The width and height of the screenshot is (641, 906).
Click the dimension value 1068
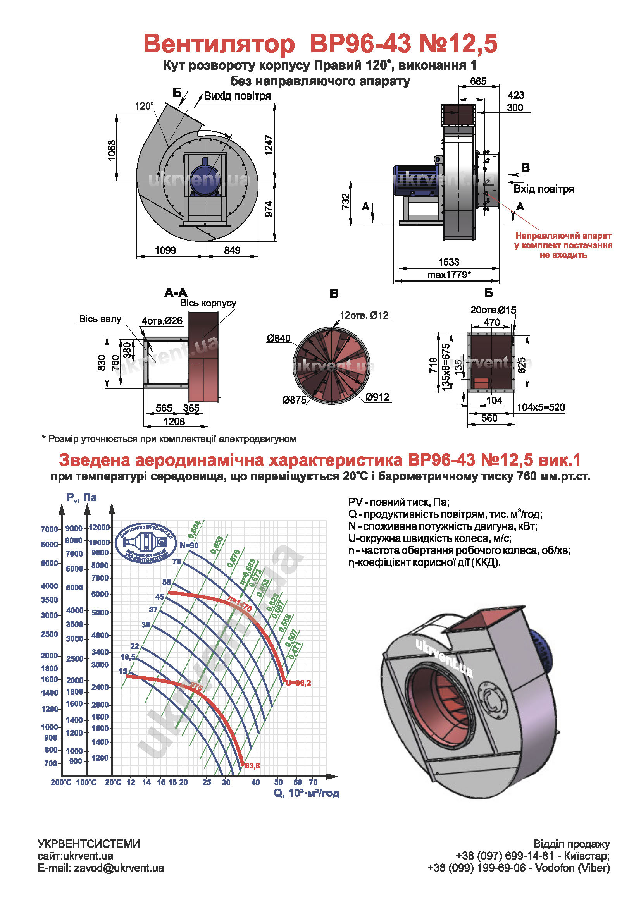(112, 150)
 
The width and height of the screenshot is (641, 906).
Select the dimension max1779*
(449, 275)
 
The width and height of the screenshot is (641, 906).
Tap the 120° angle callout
(144, 106)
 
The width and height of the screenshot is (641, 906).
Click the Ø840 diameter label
(278, 338)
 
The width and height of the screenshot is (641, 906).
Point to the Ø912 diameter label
(377, 397)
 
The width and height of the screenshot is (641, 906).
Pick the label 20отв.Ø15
(493, 310)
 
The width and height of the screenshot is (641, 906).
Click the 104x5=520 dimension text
(541, 407)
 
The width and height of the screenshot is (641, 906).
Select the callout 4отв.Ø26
(162, 321)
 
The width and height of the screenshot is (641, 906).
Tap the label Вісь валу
(100, 319)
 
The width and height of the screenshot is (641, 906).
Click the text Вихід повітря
(237, 96)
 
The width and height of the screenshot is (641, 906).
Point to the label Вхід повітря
(543, 189)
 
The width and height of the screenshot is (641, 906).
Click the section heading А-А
(176, 293)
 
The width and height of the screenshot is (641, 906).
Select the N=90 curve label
(189, 545)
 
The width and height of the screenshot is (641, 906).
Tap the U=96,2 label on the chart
(298, 683)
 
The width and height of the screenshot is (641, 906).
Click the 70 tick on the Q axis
(313, 782)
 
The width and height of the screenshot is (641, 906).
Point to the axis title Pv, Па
(82, 498)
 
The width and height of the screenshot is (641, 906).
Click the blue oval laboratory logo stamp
(146, 543)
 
